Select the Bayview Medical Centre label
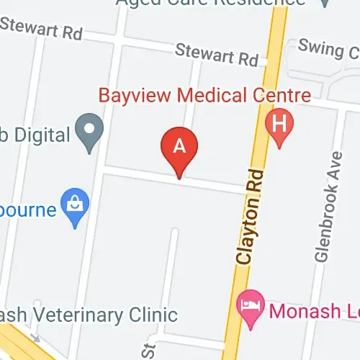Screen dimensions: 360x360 coord(204,96)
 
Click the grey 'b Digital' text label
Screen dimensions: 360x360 coord(36,134)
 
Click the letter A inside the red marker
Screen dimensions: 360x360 coord(179,144)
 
